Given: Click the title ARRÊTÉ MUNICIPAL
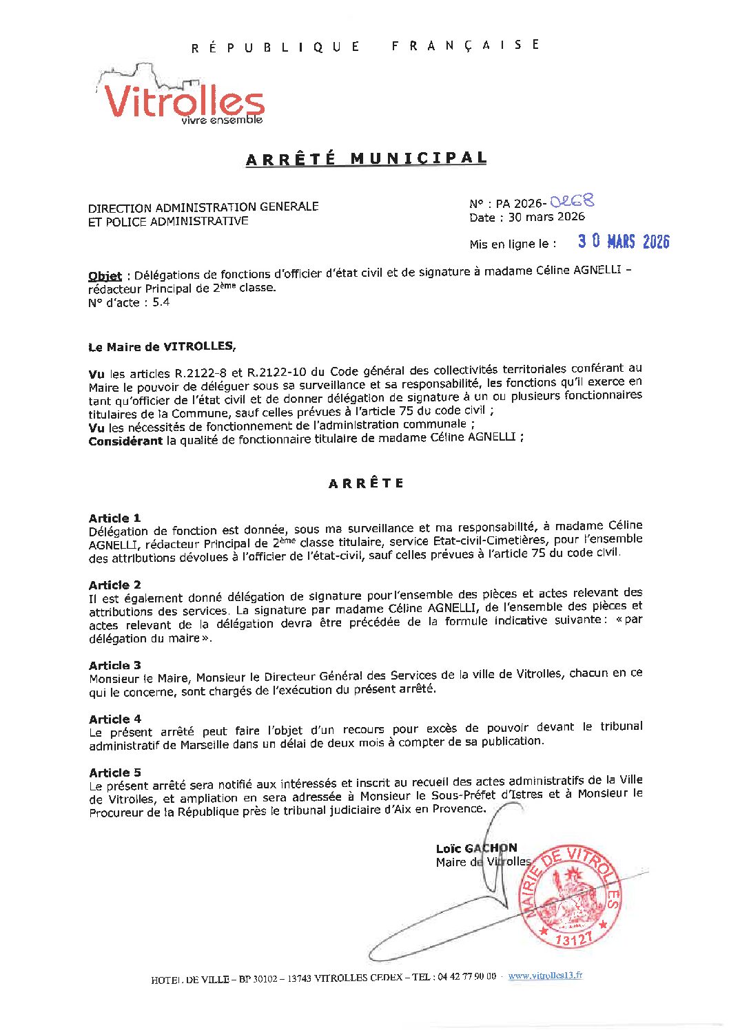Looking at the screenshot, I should [366, 158].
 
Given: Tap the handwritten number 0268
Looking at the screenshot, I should [572, 201].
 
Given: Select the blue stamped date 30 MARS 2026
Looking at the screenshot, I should [623, 242].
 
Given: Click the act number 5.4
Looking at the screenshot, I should [161, 302].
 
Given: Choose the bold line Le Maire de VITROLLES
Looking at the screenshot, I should [162, 347].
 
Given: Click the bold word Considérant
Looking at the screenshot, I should [125, 441].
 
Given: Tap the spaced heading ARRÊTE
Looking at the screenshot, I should [366, 483].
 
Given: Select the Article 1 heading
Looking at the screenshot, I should [114, 518].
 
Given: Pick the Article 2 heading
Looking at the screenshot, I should [114, 585].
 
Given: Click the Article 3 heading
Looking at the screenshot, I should [114, 665].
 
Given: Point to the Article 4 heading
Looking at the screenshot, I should [114, 719].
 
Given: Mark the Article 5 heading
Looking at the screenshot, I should [114, 772].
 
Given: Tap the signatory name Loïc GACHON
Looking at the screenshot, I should [476, 848].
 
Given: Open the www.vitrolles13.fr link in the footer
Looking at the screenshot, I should [545, 976].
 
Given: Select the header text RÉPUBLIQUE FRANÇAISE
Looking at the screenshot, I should [365, 46].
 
